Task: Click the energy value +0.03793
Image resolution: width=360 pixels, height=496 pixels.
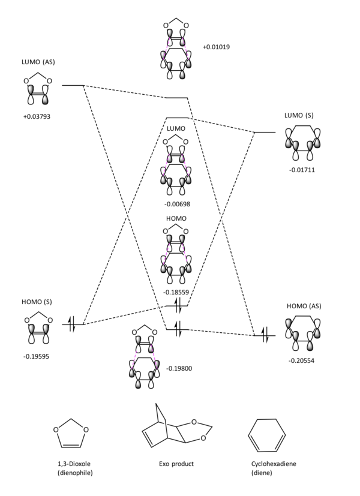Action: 37,117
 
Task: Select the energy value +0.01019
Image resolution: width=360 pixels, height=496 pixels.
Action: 217,47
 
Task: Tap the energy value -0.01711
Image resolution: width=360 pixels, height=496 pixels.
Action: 302,170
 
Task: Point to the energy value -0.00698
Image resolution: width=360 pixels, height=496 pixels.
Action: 177,204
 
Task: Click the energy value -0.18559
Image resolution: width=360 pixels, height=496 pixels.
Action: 176,292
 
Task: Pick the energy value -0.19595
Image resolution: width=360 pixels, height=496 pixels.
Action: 36,356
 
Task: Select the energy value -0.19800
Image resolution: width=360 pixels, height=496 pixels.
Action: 179,368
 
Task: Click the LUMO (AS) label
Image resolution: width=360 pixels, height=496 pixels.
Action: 38,62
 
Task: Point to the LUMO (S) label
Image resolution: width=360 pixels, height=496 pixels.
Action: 299,116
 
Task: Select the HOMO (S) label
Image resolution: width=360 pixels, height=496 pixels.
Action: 37,302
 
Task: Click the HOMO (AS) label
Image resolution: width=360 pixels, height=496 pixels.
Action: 304,306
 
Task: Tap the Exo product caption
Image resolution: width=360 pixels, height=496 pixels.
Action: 176,464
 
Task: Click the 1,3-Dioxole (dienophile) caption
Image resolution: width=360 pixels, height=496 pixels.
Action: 75,468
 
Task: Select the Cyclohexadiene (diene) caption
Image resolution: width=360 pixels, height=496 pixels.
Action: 274,468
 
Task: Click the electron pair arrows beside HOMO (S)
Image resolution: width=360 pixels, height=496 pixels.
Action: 73,324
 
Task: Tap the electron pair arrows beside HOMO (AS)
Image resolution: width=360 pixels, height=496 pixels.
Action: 265,335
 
